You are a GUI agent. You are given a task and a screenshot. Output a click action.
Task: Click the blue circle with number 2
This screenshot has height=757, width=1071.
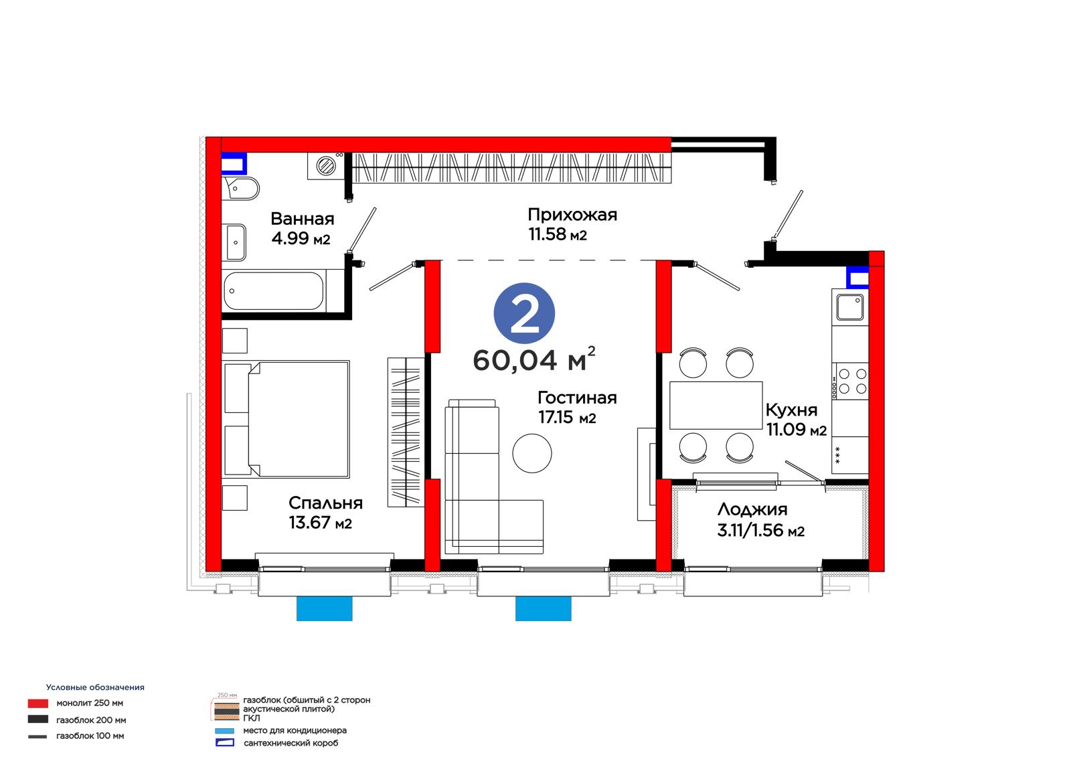point(524,313)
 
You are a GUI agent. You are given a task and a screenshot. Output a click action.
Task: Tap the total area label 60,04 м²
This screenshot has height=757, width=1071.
point(533,359)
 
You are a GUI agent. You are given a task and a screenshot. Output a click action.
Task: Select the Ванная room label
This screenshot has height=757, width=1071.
point(302,219)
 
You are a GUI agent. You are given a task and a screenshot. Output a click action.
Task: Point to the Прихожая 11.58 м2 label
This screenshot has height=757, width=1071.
point(572,224)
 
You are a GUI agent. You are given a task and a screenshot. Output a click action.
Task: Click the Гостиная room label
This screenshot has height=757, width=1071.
point(577,398)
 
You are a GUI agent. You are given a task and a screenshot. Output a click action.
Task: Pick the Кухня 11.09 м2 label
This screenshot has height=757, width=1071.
point(796,420)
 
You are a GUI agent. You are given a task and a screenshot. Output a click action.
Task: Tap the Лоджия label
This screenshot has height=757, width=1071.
point(752,509)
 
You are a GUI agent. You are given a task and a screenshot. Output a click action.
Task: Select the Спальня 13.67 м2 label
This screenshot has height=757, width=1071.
point(325,513)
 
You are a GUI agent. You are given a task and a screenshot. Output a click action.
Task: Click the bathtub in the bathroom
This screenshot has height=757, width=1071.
point(274,290)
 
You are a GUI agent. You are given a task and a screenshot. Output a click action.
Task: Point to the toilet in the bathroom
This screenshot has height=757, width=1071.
point(242,188)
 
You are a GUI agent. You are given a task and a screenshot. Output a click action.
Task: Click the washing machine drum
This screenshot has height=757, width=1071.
point(327,167)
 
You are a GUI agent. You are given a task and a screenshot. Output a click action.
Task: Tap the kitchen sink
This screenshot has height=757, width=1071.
point(849,307)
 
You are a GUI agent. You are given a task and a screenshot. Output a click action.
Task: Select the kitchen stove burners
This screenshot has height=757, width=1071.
point(853,381)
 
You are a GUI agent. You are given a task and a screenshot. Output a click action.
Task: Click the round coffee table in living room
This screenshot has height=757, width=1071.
point(531,453)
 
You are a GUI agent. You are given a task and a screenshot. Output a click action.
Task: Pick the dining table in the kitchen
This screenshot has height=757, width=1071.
point(716,405)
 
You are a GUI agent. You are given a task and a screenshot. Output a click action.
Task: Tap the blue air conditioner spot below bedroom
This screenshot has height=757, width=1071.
point(324,608)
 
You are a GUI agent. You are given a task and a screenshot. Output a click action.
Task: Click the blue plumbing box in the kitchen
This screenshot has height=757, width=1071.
point(857,277)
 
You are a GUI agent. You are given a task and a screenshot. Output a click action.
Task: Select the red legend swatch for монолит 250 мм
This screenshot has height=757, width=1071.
point(37,703)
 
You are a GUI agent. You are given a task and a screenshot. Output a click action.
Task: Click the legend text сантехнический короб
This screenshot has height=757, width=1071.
point(291,743)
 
